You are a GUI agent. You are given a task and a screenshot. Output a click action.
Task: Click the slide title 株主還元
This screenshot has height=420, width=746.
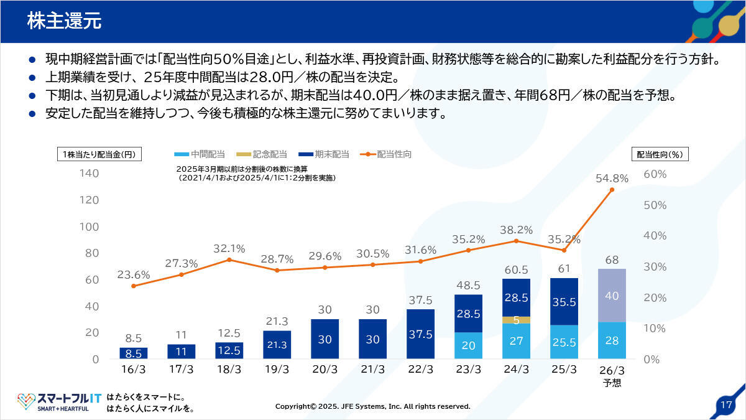pos(64,21)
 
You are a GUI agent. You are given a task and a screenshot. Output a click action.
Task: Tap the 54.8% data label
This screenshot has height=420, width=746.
pos(612,179)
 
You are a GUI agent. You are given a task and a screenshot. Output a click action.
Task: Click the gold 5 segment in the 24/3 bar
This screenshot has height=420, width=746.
pos(516,320)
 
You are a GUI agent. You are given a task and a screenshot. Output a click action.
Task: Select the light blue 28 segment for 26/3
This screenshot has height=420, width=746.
pos(612,340)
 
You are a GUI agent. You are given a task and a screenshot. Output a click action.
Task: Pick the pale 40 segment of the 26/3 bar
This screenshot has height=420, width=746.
pos(612,296)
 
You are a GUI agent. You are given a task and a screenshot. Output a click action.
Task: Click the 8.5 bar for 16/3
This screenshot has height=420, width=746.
pos(134,353)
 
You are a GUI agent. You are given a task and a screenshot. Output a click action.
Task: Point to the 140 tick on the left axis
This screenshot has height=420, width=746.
pos(90,174)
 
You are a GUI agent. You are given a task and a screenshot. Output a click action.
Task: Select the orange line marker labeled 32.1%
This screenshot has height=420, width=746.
pos(229,259)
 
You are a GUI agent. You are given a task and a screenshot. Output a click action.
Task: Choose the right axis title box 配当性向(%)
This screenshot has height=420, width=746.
pos(660,154)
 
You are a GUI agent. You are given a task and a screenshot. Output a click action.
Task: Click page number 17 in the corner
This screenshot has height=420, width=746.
pos(725,404)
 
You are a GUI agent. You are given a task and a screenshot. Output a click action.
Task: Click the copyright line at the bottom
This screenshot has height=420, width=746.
pos(373,406)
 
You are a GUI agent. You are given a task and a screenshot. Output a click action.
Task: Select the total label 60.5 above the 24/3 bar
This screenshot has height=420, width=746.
pos(516,270)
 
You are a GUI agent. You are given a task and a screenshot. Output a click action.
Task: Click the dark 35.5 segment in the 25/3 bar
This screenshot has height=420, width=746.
pos(564,302)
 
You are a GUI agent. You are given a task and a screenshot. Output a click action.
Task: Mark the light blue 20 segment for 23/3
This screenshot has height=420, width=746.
pos(468,345)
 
